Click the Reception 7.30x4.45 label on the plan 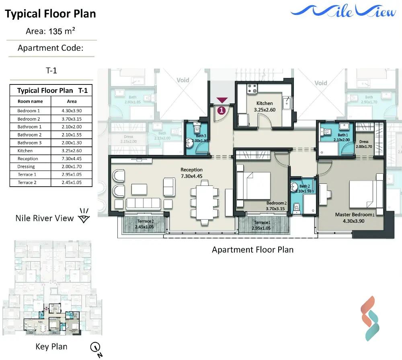191,173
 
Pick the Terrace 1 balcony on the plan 262,225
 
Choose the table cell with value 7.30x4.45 72,159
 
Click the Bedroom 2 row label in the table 29,119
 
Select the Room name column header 30,102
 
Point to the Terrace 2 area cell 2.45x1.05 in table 72,183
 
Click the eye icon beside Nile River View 84,217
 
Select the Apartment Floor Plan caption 252,250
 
